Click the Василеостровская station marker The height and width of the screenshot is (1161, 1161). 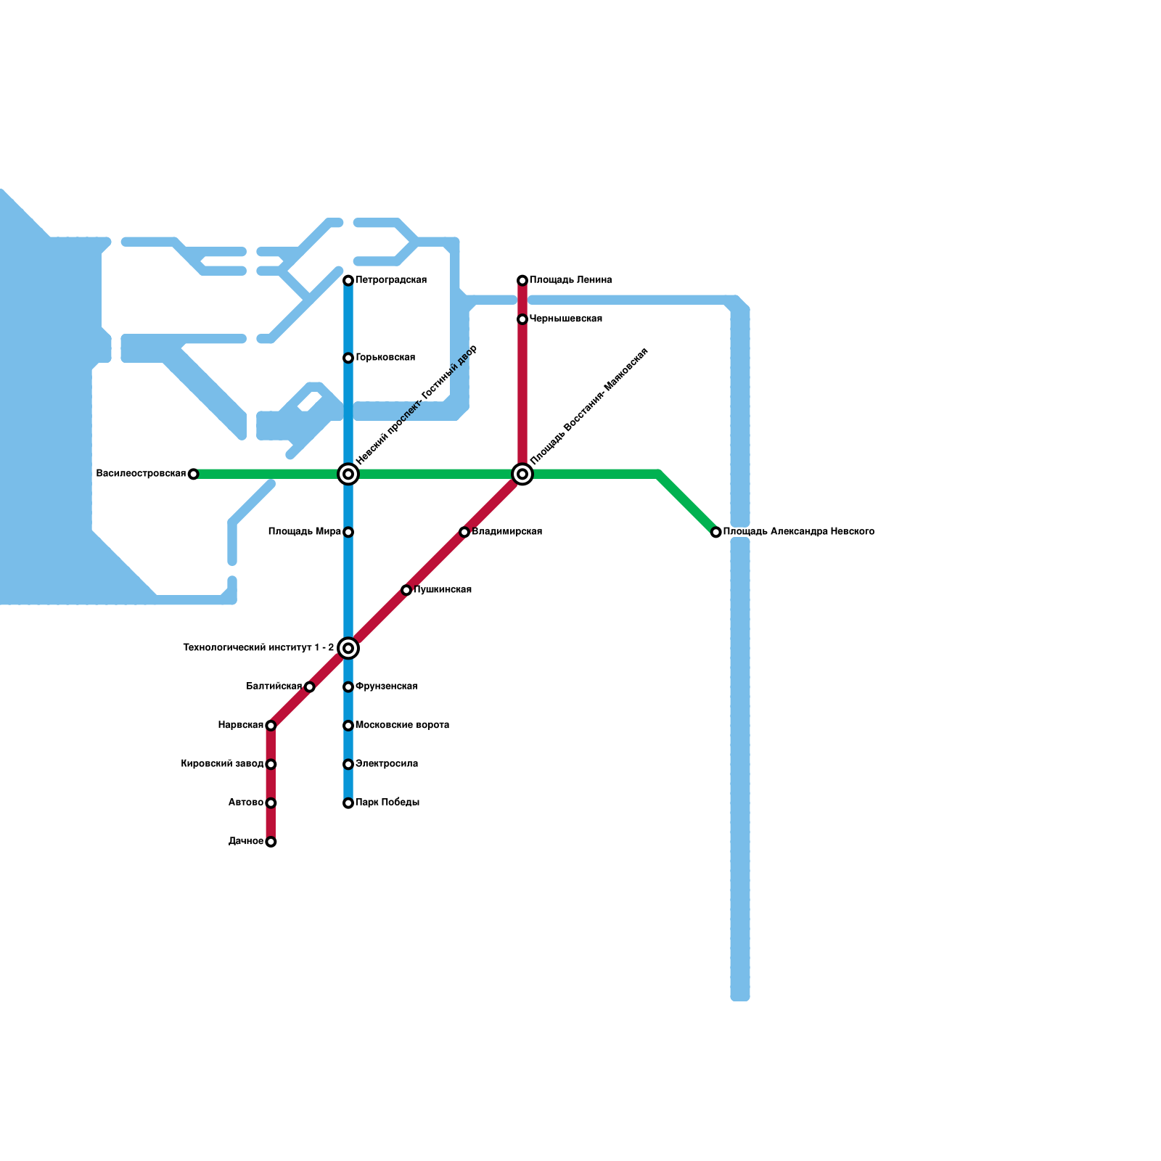pos(193,475)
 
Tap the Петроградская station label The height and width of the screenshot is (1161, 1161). pos(390,280)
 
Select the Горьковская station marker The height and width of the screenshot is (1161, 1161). pos(348,358)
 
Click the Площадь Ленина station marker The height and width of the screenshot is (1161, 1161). pos(522,281)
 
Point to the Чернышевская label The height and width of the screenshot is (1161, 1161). pos(565,319)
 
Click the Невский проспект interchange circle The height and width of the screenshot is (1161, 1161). pos(348,475)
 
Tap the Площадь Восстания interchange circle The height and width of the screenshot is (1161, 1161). pos(522,475)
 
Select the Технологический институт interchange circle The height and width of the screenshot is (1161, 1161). pos(348,648)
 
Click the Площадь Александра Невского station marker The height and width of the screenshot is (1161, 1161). pos(716,533)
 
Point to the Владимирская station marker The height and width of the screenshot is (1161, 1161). pos(464,533)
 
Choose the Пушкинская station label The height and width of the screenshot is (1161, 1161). pos(443,590)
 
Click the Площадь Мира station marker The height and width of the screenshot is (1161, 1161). pos(348,533)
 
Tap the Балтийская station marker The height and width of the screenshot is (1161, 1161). pos(310,687)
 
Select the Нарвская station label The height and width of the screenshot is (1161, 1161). pos(240,726)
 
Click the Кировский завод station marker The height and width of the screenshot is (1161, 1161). pos(271,765)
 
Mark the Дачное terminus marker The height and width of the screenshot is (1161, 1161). pos(271,842)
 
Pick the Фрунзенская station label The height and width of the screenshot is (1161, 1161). pos(386,686)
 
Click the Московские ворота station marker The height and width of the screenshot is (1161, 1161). pos(348,726)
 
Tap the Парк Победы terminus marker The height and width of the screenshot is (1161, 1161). pos(348,803)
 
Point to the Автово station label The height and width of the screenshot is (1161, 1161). pos(245,803)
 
